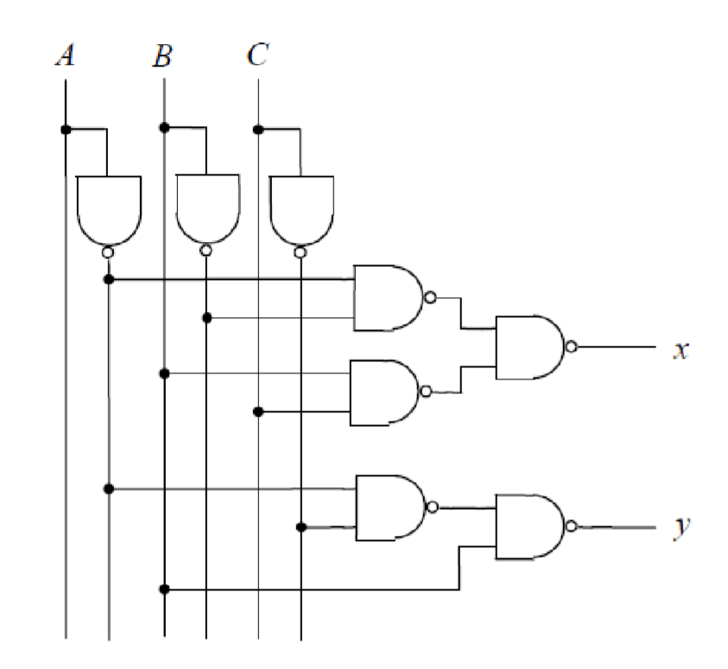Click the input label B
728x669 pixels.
point(162,57)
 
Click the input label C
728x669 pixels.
point(256,57)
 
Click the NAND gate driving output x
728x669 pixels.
point(529,347)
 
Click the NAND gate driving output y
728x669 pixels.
point(529,526)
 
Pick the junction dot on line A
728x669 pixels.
point(66,130)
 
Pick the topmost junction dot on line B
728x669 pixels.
point(163,129)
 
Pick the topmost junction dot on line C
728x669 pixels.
point(257,130)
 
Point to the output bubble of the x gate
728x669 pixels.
point(571,347)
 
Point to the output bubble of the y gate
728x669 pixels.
point(571,526)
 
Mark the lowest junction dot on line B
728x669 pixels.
point(163,589)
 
